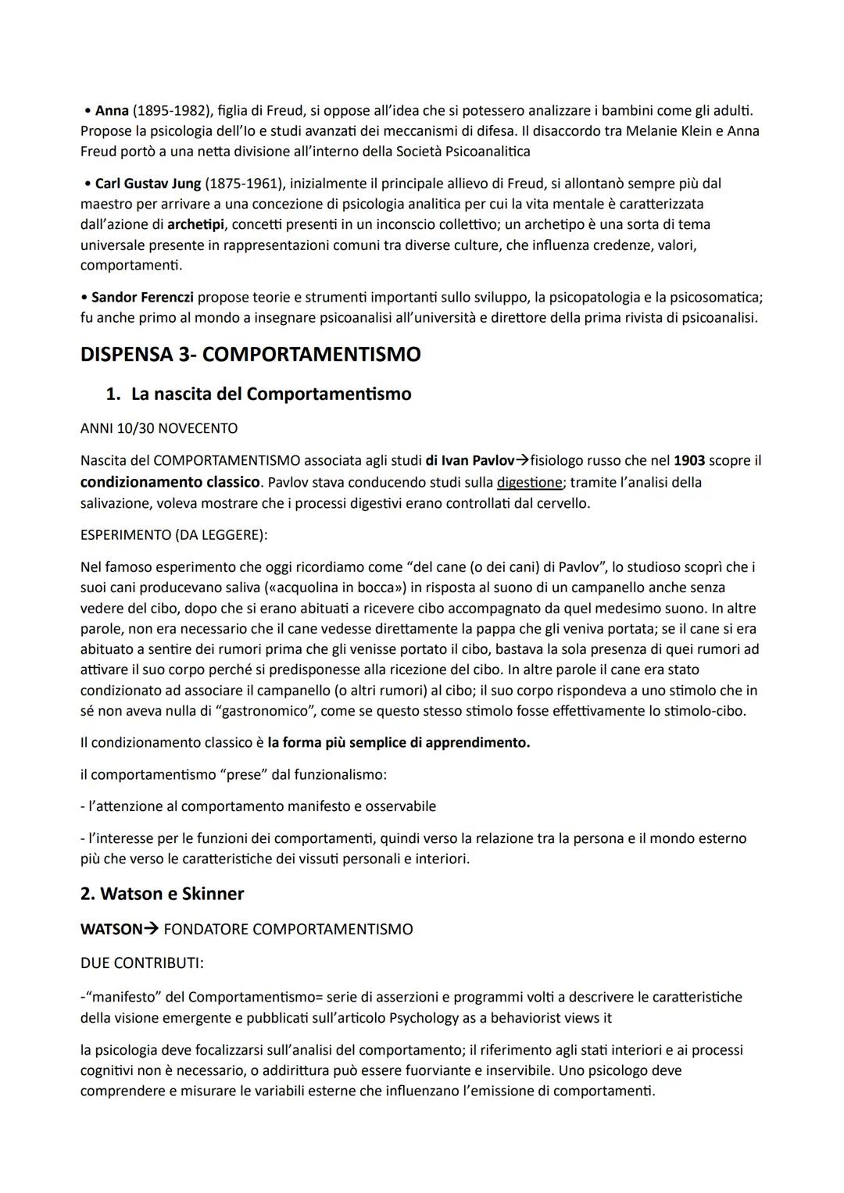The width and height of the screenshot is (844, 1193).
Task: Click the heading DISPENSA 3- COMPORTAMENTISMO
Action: point(250,355)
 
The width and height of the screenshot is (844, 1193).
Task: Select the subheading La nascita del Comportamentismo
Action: point(270,394)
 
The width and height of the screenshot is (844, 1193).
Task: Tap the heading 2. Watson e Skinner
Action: point(162,894)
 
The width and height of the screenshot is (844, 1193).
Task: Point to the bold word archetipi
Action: point(195,224)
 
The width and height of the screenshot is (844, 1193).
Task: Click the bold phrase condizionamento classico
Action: point(170,482)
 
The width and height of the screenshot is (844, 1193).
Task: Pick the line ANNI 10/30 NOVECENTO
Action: point(159,429)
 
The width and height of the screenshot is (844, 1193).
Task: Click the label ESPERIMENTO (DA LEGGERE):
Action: point(173,535)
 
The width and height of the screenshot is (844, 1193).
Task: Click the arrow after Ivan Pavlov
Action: point(522,461)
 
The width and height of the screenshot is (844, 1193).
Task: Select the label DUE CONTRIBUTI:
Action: point(141,963)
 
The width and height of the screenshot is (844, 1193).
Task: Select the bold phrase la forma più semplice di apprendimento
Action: point(399,743)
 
